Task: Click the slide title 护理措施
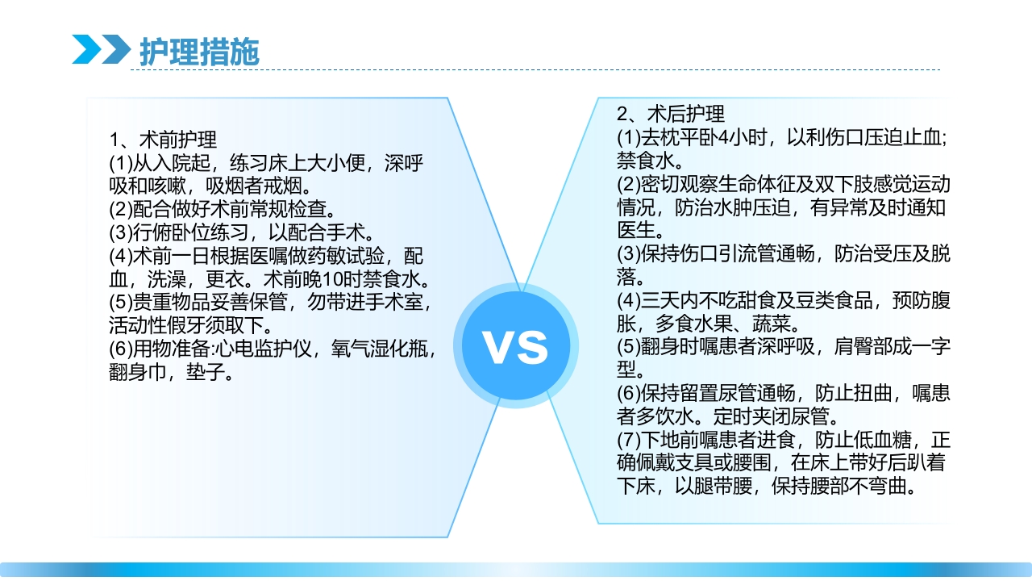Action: [x=199, y=51]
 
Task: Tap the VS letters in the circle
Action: [x=515, y=346]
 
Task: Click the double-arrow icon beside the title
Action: [x=100, y=49]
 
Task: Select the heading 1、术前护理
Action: [x=164, y=139]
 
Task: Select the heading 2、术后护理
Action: [x=671, y=114]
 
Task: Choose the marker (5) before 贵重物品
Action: [x=121, y=303]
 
